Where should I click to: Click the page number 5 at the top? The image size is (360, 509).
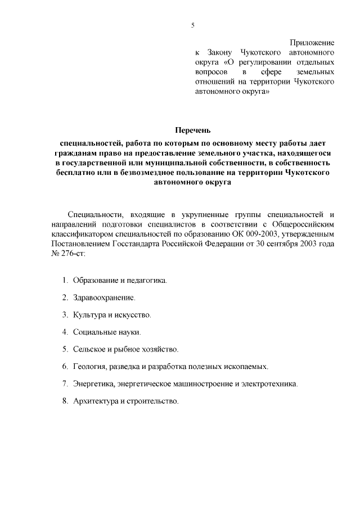192,25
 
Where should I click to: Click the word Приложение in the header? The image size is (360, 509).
312,43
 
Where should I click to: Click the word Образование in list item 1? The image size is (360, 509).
95,280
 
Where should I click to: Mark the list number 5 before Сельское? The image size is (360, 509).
65,349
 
